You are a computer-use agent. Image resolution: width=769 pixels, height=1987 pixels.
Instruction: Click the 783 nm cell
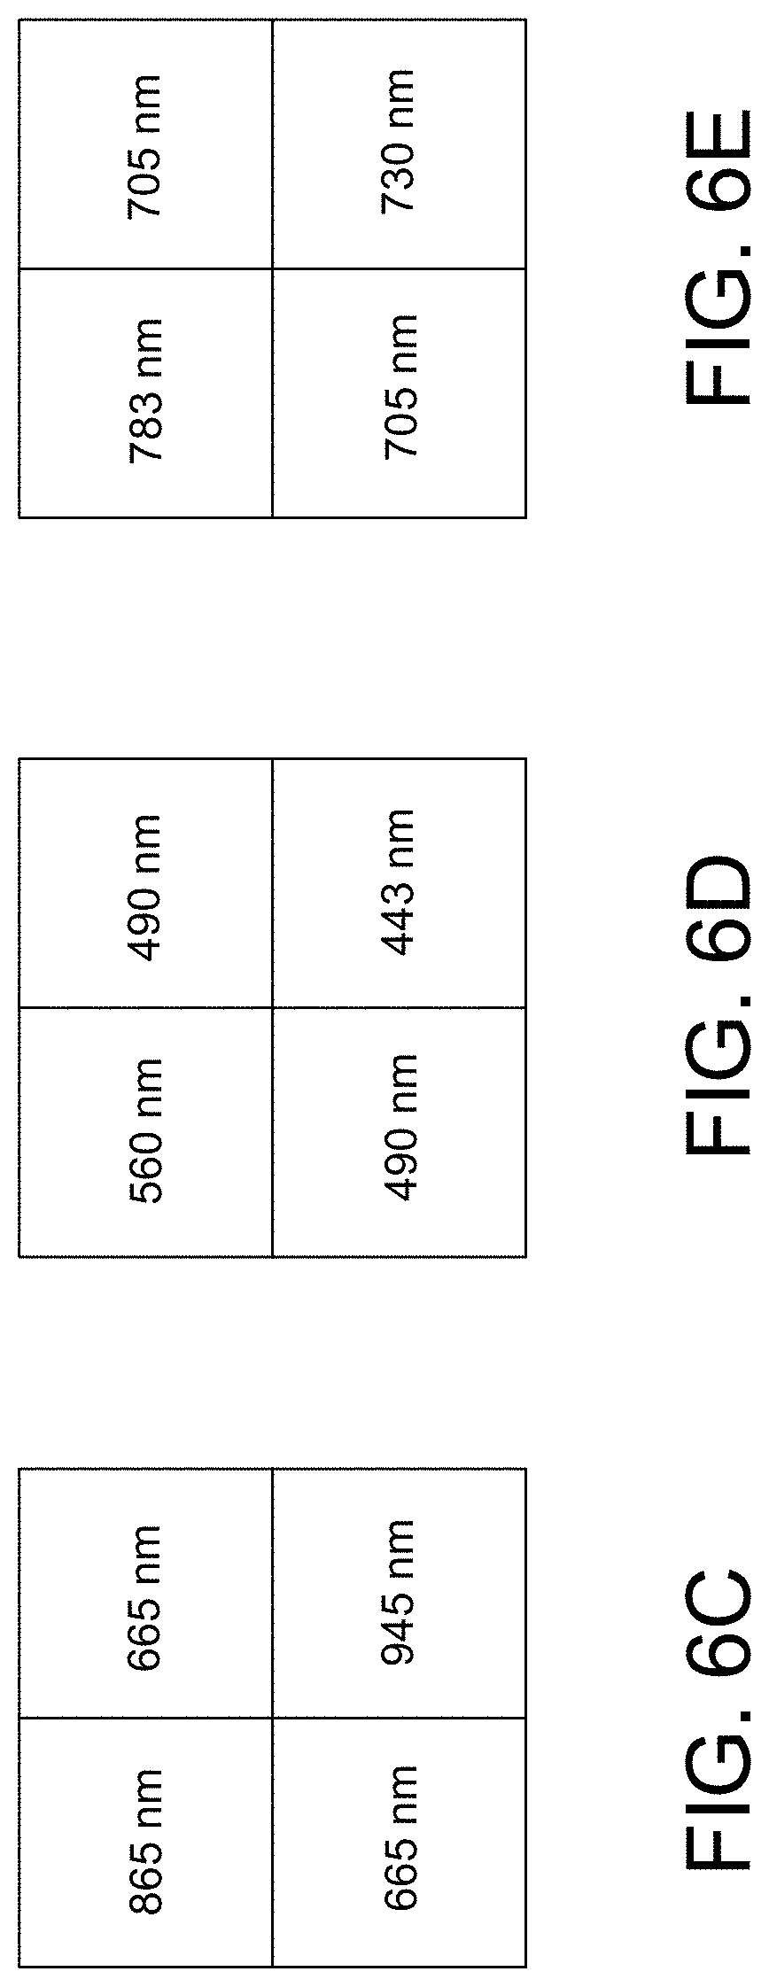click(x=145, y=392)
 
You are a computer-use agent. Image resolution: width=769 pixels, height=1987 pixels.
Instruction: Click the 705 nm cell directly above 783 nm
click(x=145, y=144)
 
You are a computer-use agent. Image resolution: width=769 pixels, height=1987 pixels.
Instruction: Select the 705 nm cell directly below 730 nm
click(x=399, y=392)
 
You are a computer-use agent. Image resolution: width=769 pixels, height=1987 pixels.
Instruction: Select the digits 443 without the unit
click(x=399, y=912)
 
